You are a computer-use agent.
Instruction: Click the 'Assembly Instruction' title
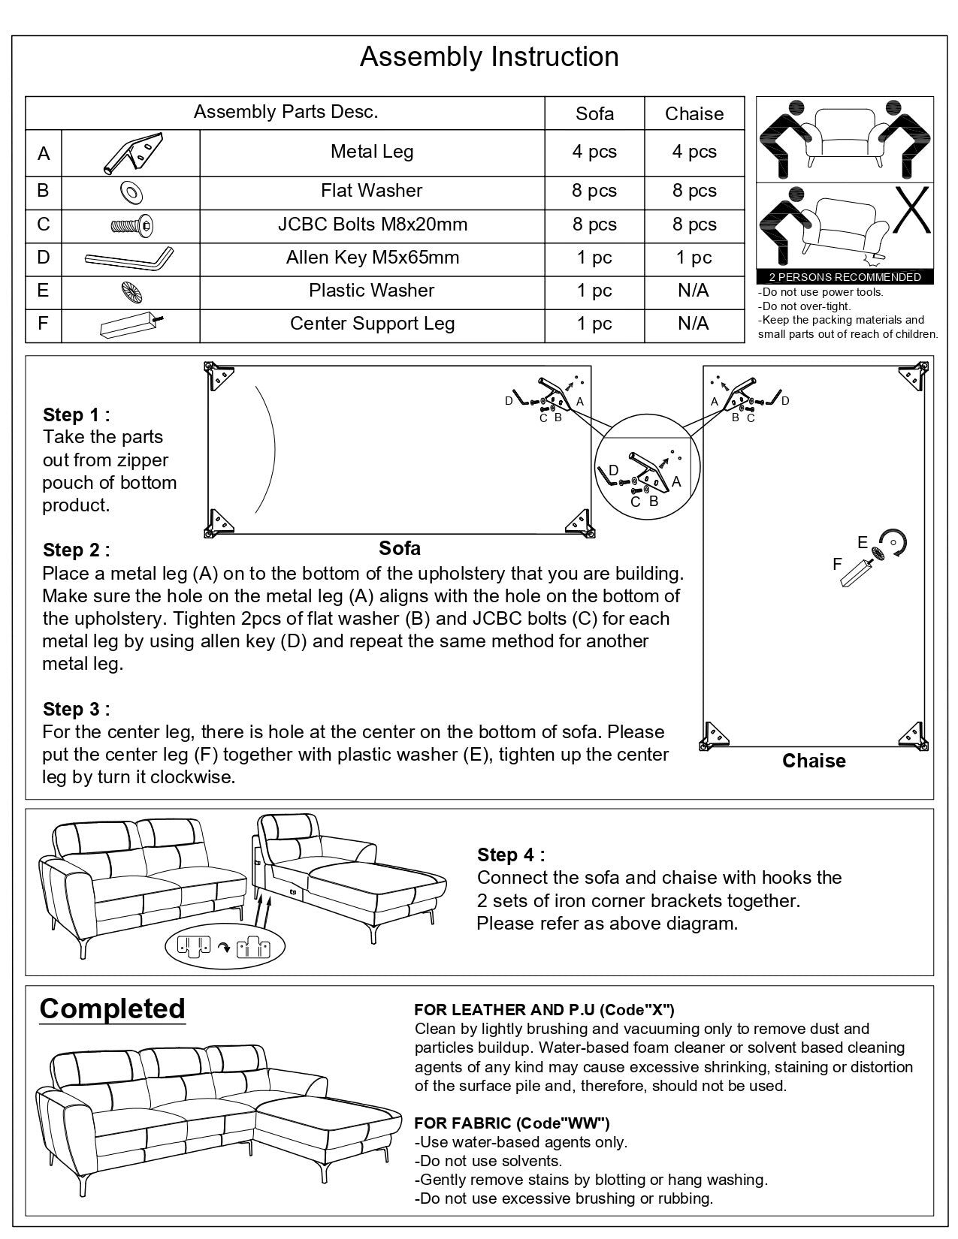click(x=489, y=57)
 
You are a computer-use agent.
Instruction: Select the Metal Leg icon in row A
click(x=131, y=153)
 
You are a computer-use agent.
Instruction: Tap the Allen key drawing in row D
click(x=129, y=259)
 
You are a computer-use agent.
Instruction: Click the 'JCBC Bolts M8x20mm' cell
click(x=372, y=225)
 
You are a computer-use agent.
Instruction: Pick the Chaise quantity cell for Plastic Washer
click(x=693, y=291)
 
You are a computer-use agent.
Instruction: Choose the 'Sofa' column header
click(x=594, y=113)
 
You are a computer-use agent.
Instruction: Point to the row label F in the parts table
click(x=43, y=324)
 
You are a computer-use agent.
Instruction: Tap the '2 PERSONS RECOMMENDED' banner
click(x=845, y=277)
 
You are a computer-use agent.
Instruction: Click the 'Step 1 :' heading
click(x=76, y=415)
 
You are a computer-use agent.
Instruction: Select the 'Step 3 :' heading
click(x=76, y=709)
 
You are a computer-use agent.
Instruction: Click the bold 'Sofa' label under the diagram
click(x=400, y=549)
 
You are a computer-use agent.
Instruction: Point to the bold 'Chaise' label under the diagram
click(x=814, y=761)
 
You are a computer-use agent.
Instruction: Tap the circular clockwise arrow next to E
click(x=894, y=542)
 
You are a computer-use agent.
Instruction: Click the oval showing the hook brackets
click(x=225, y=947)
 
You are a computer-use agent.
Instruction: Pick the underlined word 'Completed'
click(x=112, y=1008)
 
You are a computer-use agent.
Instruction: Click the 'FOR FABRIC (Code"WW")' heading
click(x=512, y=1123)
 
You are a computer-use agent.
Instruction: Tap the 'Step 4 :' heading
click(x=511, y=855)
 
